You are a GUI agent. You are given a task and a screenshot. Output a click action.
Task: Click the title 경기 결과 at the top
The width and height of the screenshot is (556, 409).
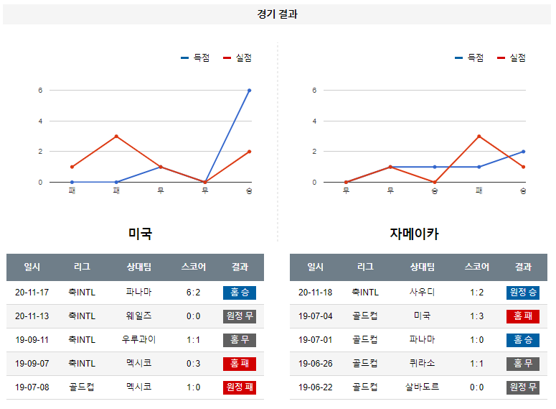click(x=278, y=14)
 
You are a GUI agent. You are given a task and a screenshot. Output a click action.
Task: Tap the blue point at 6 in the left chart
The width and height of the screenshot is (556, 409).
click(x=249, y=91)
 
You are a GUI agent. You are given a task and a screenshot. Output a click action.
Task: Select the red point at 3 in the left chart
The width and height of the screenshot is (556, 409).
click(x=116, y=136)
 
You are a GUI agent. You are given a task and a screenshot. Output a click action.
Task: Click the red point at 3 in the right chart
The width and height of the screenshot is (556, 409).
click(x=479, y=136)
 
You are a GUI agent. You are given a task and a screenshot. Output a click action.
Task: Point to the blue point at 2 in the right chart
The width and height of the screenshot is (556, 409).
click(x=523, y=152)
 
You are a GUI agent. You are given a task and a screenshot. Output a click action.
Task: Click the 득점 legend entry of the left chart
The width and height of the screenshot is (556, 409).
click(x=196, y=58)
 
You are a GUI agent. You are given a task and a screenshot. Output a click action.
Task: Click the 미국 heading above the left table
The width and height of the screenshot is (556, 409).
click(x=140, y=234)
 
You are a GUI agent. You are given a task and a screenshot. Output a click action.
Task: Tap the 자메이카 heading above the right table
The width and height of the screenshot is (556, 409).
click(x=414, y=234)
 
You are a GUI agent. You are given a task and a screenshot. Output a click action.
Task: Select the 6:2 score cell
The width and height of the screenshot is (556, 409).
click(x=193, y=293)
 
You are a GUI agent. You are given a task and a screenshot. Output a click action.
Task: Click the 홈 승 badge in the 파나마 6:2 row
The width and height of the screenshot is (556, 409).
click(x=240, y=293)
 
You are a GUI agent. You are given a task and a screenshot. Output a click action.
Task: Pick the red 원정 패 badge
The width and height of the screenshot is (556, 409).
click(x=240, y=387)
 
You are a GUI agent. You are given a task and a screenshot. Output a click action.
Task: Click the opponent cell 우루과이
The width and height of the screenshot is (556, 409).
click(x=138, y=340)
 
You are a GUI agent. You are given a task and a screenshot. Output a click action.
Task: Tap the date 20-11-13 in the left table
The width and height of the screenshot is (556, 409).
click(x=32, y=316)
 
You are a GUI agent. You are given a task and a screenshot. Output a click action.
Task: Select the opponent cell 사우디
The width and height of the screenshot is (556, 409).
click(x=422, y=293)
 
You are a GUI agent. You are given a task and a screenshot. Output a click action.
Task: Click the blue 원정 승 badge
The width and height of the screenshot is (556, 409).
click(x=523, y=293)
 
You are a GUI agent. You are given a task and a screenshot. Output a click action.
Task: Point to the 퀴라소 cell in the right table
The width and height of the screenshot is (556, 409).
click(x=422, y=364)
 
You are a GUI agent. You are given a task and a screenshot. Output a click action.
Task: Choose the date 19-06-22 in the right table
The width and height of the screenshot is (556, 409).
click(x=315, y=387)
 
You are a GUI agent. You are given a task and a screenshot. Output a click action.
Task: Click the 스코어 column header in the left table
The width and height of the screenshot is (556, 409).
click(x=193, y=267)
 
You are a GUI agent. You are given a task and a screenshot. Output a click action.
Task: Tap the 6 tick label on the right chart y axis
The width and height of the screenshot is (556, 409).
click(x=314, y=91)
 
